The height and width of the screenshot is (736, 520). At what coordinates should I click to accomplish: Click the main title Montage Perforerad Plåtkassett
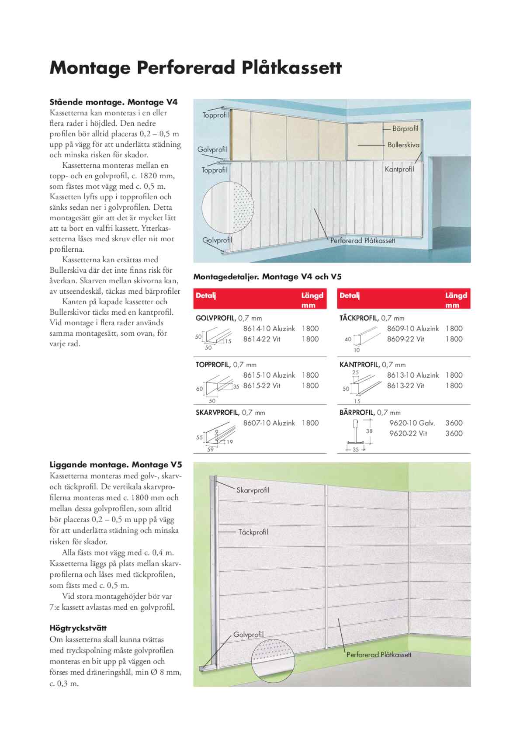pos(195,68)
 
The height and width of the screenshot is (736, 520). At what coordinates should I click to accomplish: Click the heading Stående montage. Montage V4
pos(113,102)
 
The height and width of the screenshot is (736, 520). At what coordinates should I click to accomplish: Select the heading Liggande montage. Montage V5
pos(115,465)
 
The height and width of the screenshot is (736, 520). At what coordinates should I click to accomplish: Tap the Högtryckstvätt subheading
pos(78,628)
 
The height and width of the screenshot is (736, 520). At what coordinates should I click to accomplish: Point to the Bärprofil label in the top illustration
pos(405,128)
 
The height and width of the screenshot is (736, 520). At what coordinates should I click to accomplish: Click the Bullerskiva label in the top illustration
pos(403,145)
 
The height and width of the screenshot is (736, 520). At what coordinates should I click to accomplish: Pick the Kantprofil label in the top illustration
pos(399,169)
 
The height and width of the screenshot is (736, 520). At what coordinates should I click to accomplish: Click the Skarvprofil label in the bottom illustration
pos(253,490)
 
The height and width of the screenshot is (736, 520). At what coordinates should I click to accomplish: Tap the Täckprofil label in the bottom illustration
pos(253,532)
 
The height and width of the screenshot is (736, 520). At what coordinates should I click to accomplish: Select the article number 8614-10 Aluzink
pos(269,329)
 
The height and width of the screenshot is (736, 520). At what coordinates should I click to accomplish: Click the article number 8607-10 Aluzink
pos(269,423)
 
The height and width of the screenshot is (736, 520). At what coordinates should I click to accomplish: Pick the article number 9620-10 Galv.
pos(412,423)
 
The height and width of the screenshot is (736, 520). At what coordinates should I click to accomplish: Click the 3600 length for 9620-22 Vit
pos(454,434)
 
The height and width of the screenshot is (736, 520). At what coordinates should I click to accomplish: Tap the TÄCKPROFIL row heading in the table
pos(359,318)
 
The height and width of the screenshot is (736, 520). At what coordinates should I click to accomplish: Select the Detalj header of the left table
pos(206,295)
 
